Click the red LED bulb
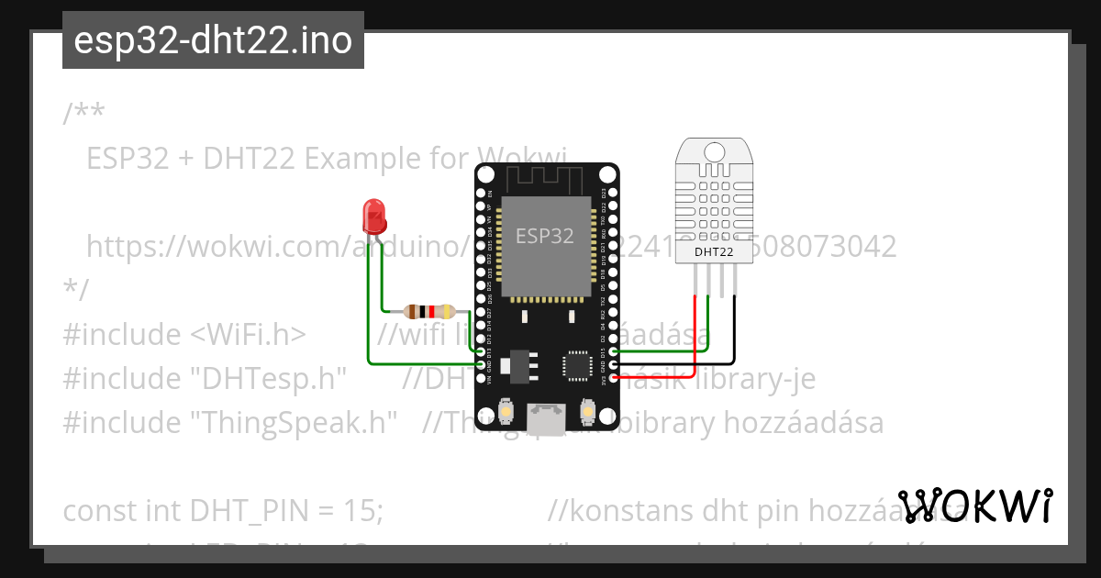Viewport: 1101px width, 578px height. pyautogui.click(x=373, y=216)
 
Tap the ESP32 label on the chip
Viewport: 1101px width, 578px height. pyautogui.click(x=545, y=236)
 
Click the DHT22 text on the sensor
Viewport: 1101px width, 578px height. pyautogui.click(x=714, y=250)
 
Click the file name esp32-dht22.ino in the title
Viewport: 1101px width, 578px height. pyautogui.click(x=213, y=40)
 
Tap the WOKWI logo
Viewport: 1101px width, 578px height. pyautogui.click(x=974, y=506)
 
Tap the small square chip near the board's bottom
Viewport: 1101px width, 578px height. pyautogui.click(x=578, y=364)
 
